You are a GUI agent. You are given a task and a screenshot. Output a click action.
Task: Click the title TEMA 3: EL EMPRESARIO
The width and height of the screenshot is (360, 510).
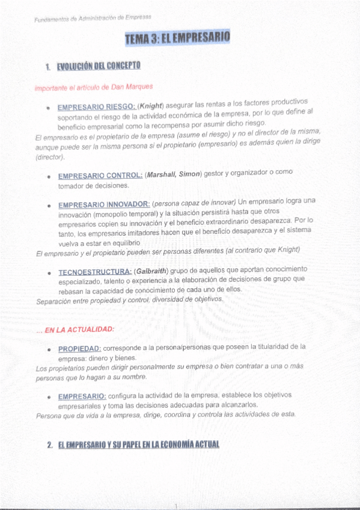tap(177, 40)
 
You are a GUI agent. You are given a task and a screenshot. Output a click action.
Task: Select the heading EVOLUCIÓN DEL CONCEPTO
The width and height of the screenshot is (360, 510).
tap(99, 65)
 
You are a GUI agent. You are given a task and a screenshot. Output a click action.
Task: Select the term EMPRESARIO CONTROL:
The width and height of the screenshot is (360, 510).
tap(100, 176)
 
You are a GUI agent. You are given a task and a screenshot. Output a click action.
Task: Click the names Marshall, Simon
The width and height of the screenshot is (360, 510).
tap(173, 174)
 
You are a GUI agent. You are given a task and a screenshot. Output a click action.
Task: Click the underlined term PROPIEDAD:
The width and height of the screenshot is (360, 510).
tap(79, 349)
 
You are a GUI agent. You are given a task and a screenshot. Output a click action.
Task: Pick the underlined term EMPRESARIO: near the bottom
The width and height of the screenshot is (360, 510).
tap(82, 396)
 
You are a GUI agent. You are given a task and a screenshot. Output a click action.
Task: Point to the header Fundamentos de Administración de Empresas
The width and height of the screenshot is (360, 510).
tap(93, 19)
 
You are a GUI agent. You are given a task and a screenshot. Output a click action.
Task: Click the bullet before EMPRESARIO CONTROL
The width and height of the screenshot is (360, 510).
tap(47, 177)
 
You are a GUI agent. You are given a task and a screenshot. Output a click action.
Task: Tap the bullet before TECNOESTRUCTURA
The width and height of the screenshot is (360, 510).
tap(47, 273)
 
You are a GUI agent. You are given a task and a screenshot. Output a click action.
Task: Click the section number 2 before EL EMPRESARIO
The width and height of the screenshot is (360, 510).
tap(49, 445)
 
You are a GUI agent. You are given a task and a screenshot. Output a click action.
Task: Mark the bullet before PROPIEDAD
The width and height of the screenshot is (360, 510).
tap(47, 349)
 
